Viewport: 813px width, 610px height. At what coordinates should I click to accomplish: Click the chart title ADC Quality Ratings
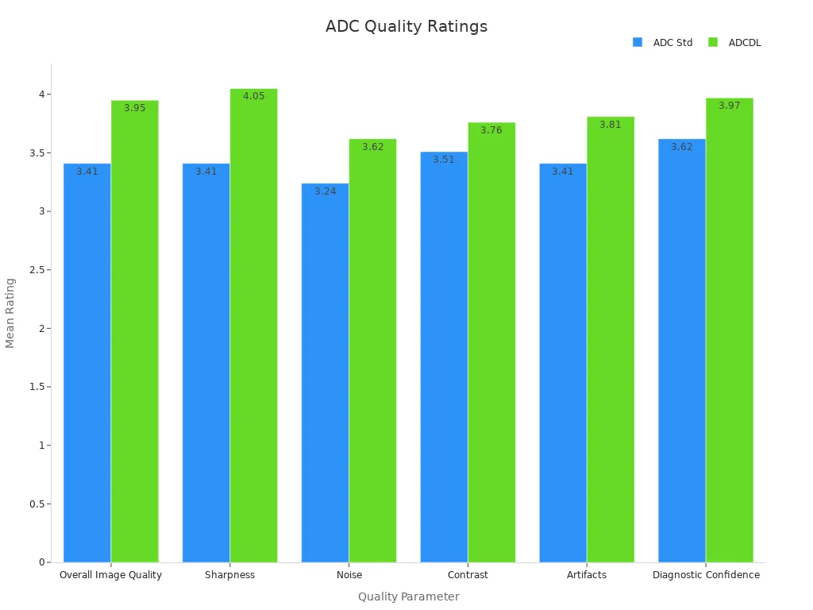pyautogui.click(x=406, y=26)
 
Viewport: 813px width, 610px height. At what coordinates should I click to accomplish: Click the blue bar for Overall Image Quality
pyautogui.click(x=87, y=365)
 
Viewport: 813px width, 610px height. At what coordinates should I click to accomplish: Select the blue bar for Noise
pyautogui.click(x=325, y=373)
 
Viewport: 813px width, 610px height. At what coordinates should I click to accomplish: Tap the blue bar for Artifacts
pyautogui.click(x=563, y=365)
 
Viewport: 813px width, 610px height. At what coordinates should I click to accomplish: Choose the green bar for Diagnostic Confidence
pyautogui.click(x=730, y=334)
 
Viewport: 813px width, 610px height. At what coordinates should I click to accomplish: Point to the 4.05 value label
pyautogui.click(x=253, y=96)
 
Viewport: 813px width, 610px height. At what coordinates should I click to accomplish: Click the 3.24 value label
pyautogui.click(x=325, y=191)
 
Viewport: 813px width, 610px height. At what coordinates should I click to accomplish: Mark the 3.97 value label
pyautogui.click(x=730, y=106)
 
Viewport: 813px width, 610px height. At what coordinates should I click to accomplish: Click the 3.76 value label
pyautogui.click(x=491, y=130)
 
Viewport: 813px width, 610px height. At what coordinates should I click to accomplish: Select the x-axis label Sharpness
pyautogui.click(x=229, y=575)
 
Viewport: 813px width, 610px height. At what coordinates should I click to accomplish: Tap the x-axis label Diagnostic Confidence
pyautogui.click(x=706, y=575)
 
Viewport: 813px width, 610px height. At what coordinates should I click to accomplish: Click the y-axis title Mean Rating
pyautogui.click(x=10, y=312)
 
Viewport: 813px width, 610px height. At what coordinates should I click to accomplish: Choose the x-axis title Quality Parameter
pyautogui.click(x=408, y=596)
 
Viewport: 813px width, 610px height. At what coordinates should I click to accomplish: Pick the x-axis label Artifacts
pyautogui.click(x=587, y=575)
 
